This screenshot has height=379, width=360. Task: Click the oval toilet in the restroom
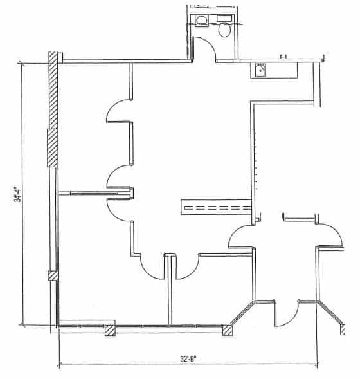pos(224,30)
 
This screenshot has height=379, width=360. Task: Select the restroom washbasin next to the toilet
pos(201,21)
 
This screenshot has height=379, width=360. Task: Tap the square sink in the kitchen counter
pos(260,70)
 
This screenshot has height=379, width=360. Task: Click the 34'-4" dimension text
pos(17,194)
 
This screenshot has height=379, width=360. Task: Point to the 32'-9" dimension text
pos(188,358)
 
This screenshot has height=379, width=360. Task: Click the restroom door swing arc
pos(208,44)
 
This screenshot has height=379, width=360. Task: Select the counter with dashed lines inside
pos(217,207)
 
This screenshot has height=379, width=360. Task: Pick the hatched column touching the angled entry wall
pos(227,330)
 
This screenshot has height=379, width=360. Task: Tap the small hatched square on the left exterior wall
pos(53,275)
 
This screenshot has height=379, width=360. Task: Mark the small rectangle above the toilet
pos(224,18)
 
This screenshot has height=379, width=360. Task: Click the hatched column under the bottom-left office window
pos(110,330)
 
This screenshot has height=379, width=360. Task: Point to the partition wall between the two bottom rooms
pos(170,290)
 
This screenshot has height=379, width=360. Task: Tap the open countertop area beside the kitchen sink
pos(282,70)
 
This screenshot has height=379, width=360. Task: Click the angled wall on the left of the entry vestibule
pos(242,313)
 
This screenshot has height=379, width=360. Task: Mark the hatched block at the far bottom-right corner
pos(343,330)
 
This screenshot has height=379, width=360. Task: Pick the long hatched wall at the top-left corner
pos(53,90)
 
